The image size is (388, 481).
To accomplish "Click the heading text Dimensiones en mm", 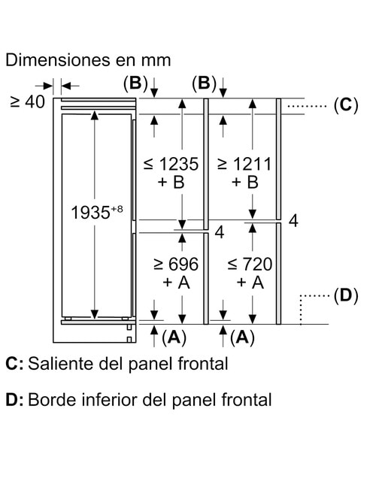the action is (88, 60).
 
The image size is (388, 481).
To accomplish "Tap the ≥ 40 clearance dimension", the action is (27, 102).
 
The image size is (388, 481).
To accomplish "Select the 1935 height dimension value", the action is (90, 212).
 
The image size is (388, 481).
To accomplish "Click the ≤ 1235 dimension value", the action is (171, 164).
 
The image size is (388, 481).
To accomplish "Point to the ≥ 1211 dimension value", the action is (244, 164).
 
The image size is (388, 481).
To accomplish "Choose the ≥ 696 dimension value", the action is (176, 264).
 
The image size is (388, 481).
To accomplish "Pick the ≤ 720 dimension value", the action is (250, 264).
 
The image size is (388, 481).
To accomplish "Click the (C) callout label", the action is (346, 105).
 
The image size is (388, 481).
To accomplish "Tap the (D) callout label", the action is (346, 296).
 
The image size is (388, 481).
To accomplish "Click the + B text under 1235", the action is (171, 182).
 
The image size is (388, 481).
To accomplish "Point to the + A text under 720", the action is (250, 283).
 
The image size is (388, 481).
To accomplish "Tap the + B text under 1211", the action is (245, 182).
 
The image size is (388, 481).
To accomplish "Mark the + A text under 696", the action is (176, 283).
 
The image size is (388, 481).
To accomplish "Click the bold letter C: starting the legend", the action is (14, 364).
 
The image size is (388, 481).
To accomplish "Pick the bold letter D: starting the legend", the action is (14, 400).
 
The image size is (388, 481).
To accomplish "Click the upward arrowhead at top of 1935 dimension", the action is (95, 116).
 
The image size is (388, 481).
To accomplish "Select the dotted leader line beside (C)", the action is (307, 106).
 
